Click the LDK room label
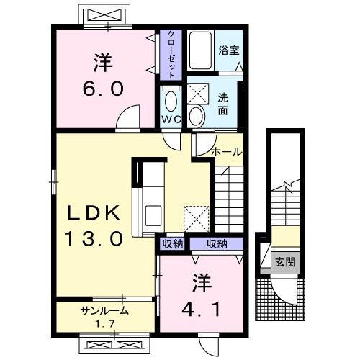[94, 213]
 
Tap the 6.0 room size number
[103, 89]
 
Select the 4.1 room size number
[201, 309]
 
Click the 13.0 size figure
[94, 238]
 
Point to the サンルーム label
[104, 311]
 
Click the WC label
[171, 120]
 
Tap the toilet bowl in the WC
[171, 101]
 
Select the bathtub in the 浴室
[200, 50]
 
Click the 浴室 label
[229, 50]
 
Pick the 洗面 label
[223, 104]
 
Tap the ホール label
[227, 152]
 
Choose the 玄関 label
[285, 262]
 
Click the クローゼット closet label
[171, 55]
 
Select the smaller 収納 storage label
[173, 244]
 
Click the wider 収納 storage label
[217, 244]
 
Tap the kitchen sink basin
[153, 215]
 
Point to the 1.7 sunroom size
[104, 324]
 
